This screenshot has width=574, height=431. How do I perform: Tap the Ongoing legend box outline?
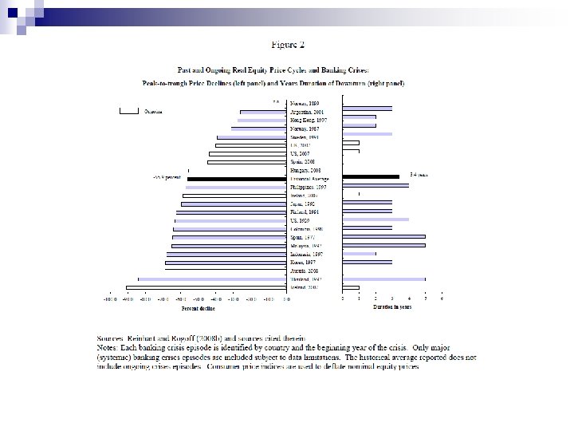128,110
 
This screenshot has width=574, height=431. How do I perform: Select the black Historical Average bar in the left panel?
236,178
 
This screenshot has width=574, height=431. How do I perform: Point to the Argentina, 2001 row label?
306,113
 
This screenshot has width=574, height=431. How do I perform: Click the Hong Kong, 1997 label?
307,120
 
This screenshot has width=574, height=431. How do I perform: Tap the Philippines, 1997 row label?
307,187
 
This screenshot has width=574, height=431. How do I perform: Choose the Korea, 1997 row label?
302,262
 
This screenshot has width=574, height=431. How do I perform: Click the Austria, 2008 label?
303,271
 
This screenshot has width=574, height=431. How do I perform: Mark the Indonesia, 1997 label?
306,253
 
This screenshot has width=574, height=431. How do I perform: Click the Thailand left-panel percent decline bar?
211,279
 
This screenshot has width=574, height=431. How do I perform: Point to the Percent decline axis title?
197,306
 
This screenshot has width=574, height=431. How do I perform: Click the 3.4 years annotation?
418,173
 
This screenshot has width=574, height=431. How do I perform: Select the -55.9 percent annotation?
167,178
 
